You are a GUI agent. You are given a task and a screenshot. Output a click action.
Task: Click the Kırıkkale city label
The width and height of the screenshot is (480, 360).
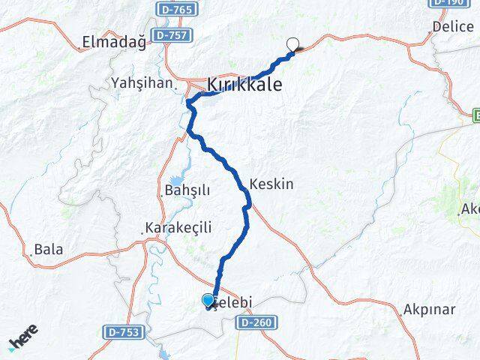(245, 85)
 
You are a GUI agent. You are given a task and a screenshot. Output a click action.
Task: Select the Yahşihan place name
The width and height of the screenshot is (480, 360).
(142, 82)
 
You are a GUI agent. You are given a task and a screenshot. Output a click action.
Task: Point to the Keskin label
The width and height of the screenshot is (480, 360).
(271, 184)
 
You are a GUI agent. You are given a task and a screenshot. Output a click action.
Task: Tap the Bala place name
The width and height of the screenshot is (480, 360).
(49, 250)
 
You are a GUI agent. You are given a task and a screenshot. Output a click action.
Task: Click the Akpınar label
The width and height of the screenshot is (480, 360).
(430, 308)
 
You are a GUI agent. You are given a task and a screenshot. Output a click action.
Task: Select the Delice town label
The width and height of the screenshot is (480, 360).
(453, 26)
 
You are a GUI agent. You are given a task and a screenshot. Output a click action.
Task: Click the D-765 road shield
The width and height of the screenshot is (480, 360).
(177, 10)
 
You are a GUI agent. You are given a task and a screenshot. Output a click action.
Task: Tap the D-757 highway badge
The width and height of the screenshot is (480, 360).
(172, 35)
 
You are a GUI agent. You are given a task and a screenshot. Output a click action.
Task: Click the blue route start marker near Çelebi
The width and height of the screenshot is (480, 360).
(208, 300)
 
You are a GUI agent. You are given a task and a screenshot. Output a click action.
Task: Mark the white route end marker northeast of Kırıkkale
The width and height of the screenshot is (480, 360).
(293, 43)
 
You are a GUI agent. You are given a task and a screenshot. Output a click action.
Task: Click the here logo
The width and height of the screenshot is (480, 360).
(22, 338)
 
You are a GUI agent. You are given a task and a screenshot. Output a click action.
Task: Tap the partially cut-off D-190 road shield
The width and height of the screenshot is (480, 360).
(449, 3)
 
